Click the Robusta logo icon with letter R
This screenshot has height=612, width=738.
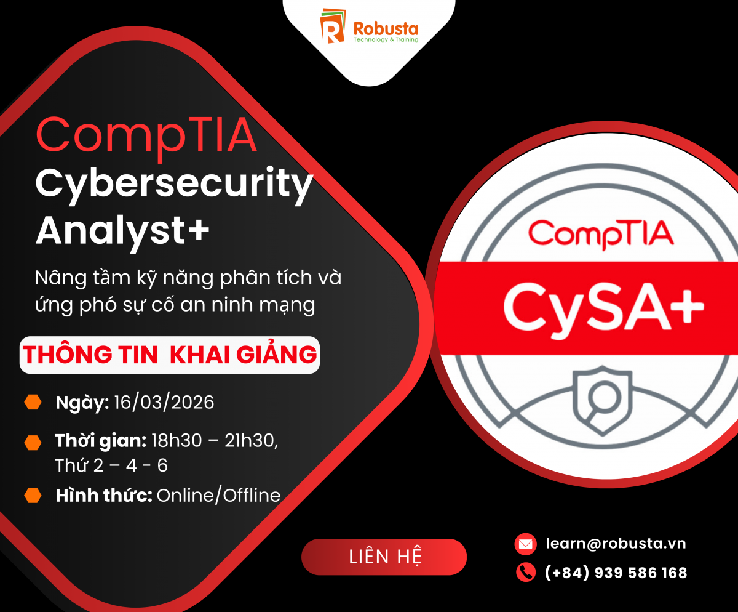pos(333,26)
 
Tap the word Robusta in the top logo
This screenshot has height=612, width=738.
pos(386,28)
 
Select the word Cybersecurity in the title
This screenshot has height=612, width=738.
pos(174,185)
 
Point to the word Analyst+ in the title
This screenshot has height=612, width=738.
pos(122,232)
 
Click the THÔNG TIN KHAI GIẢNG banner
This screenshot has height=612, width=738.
pos(170,355)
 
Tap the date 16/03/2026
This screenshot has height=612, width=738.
pos(164,403)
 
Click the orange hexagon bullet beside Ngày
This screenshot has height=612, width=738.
pos(33,402)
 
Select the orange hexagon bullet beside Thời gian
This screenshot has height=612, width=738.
pos(33,443)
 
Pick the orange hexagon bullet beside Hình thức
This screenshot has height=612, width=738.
pos(33,495)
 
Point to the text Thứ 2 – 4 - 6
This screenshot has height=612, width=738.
pos(111,465)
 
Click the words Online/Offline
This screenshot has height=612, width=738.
pos(219,495)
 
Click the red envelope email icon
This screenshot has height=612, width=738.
pos(526,544)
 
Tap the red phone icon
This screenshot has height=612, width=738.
pos(526,572)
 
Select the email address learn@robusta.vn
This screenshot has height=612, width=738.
pos(616,544)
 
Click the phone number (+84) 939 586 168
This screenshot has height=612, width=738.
pos(616,573)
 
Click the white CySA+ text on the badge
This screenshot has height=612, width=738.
pos(604,308)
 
